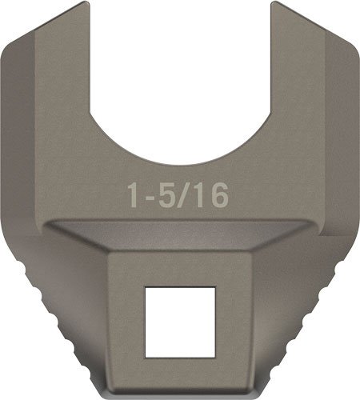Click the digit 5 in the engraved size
tap(165, 194)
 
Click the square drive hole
tap(179, 322)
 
